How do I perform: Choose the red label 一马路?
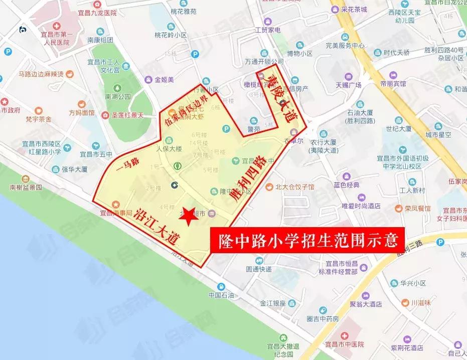(127, 162)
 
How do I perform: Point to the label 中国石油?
(221, 294)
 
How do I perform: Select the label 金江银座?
(272, 303)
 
